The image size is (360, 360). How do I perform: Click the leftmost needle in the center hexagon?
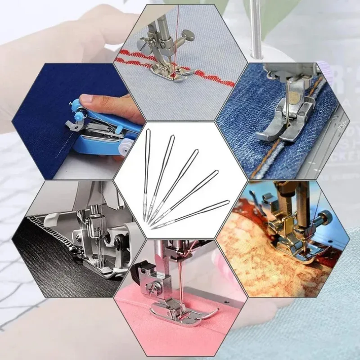pyautogui.click(x=147, y=175)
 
